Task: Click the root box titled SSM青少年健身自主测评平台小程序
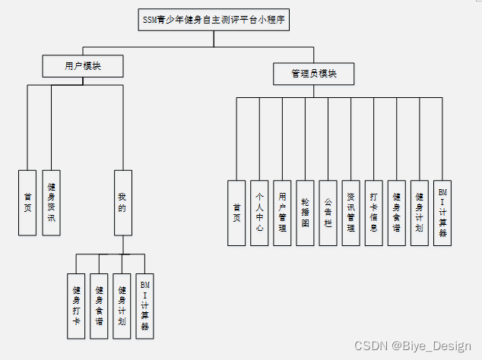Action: click(214, 20)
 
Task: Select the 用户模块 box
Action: click(83, 67)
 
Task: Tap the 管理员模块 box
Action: click(313, 74)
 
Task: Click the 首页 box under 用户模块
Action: click(27, 202)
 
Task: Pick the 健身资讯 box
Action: click(51, 202)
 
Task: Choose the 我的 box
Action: click(122, 202)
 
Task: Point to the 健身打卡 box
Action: click(76, 305)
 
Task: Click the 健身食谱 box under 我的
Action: click(99, 305)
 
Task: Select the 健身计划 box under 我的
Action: click(122, 305)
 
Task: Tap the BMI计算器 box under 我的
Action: click(144, 305)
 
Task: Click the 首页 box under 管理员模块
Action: click(236, 213)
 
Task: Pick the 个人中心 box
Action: click(259, 213)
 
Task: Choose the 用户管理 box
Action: click(282, 213)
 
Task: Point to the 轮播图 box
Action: click(305, 213)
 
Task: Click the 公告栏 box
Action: click(328, 213)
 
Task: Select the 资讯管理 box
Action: click(350, 213)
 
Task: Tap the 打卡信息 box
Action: click(373, 213)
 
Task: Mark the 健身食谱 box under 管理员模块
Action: click(396, 213)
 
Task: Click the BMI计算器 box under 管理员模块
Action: click(442, 213)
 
